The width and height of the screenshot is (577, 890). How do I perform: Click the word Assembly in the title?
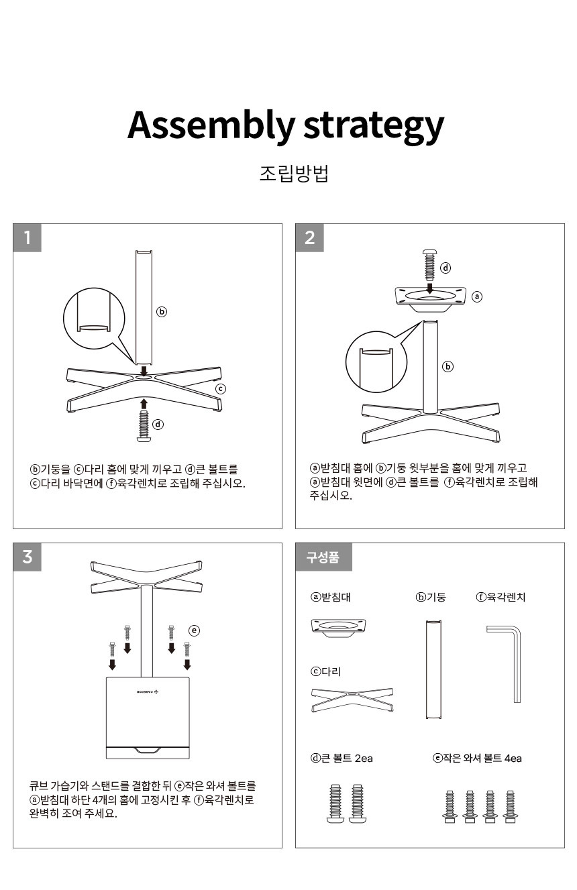point(211,125)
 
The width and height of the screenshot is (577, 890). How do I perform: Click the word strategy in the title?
point(374,126)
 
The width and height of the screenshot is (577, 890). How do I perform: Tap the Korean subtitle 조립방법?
point(294,174)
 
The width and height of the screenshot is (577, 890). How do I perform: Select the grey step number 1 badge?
point(27,237)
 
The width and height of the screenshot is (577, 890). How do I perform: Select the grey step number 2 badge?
point(309,237)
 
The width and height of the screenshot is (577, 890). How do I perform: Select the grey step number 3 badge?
point(27,557)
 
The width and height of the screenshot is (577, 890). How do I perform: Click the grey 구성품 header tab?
point(323,557)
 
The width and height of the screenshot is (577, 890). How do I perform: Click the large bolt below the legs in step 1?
point(144,425)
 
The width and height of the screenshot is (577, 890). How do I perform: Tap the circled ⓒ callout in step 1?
point(221,388)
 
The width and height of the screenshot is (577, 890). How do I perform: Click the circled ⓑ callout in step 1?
point(161,312)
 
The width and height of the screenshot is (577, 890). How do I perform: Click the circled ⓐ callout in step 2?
point(477,296)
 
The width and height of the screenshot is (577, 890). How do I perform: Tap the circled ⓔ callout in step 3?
point(194,630)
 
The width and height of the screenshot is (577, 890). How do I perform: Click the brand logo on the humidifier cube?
point(148,691)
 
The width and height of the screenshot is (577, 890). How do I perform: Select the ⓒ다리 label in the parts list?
point(325,671)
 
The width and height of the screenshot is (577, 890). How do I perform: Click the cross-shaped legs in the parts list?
point(352,700)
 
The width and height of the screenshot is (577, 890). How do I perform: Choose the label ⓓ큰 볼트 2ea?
point(342,758)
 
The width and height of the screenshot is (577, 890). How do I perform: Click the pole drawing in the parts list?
point(433,669)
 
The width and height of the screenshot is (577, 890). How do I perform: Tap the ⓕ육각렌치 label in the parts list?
point(501,597)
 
